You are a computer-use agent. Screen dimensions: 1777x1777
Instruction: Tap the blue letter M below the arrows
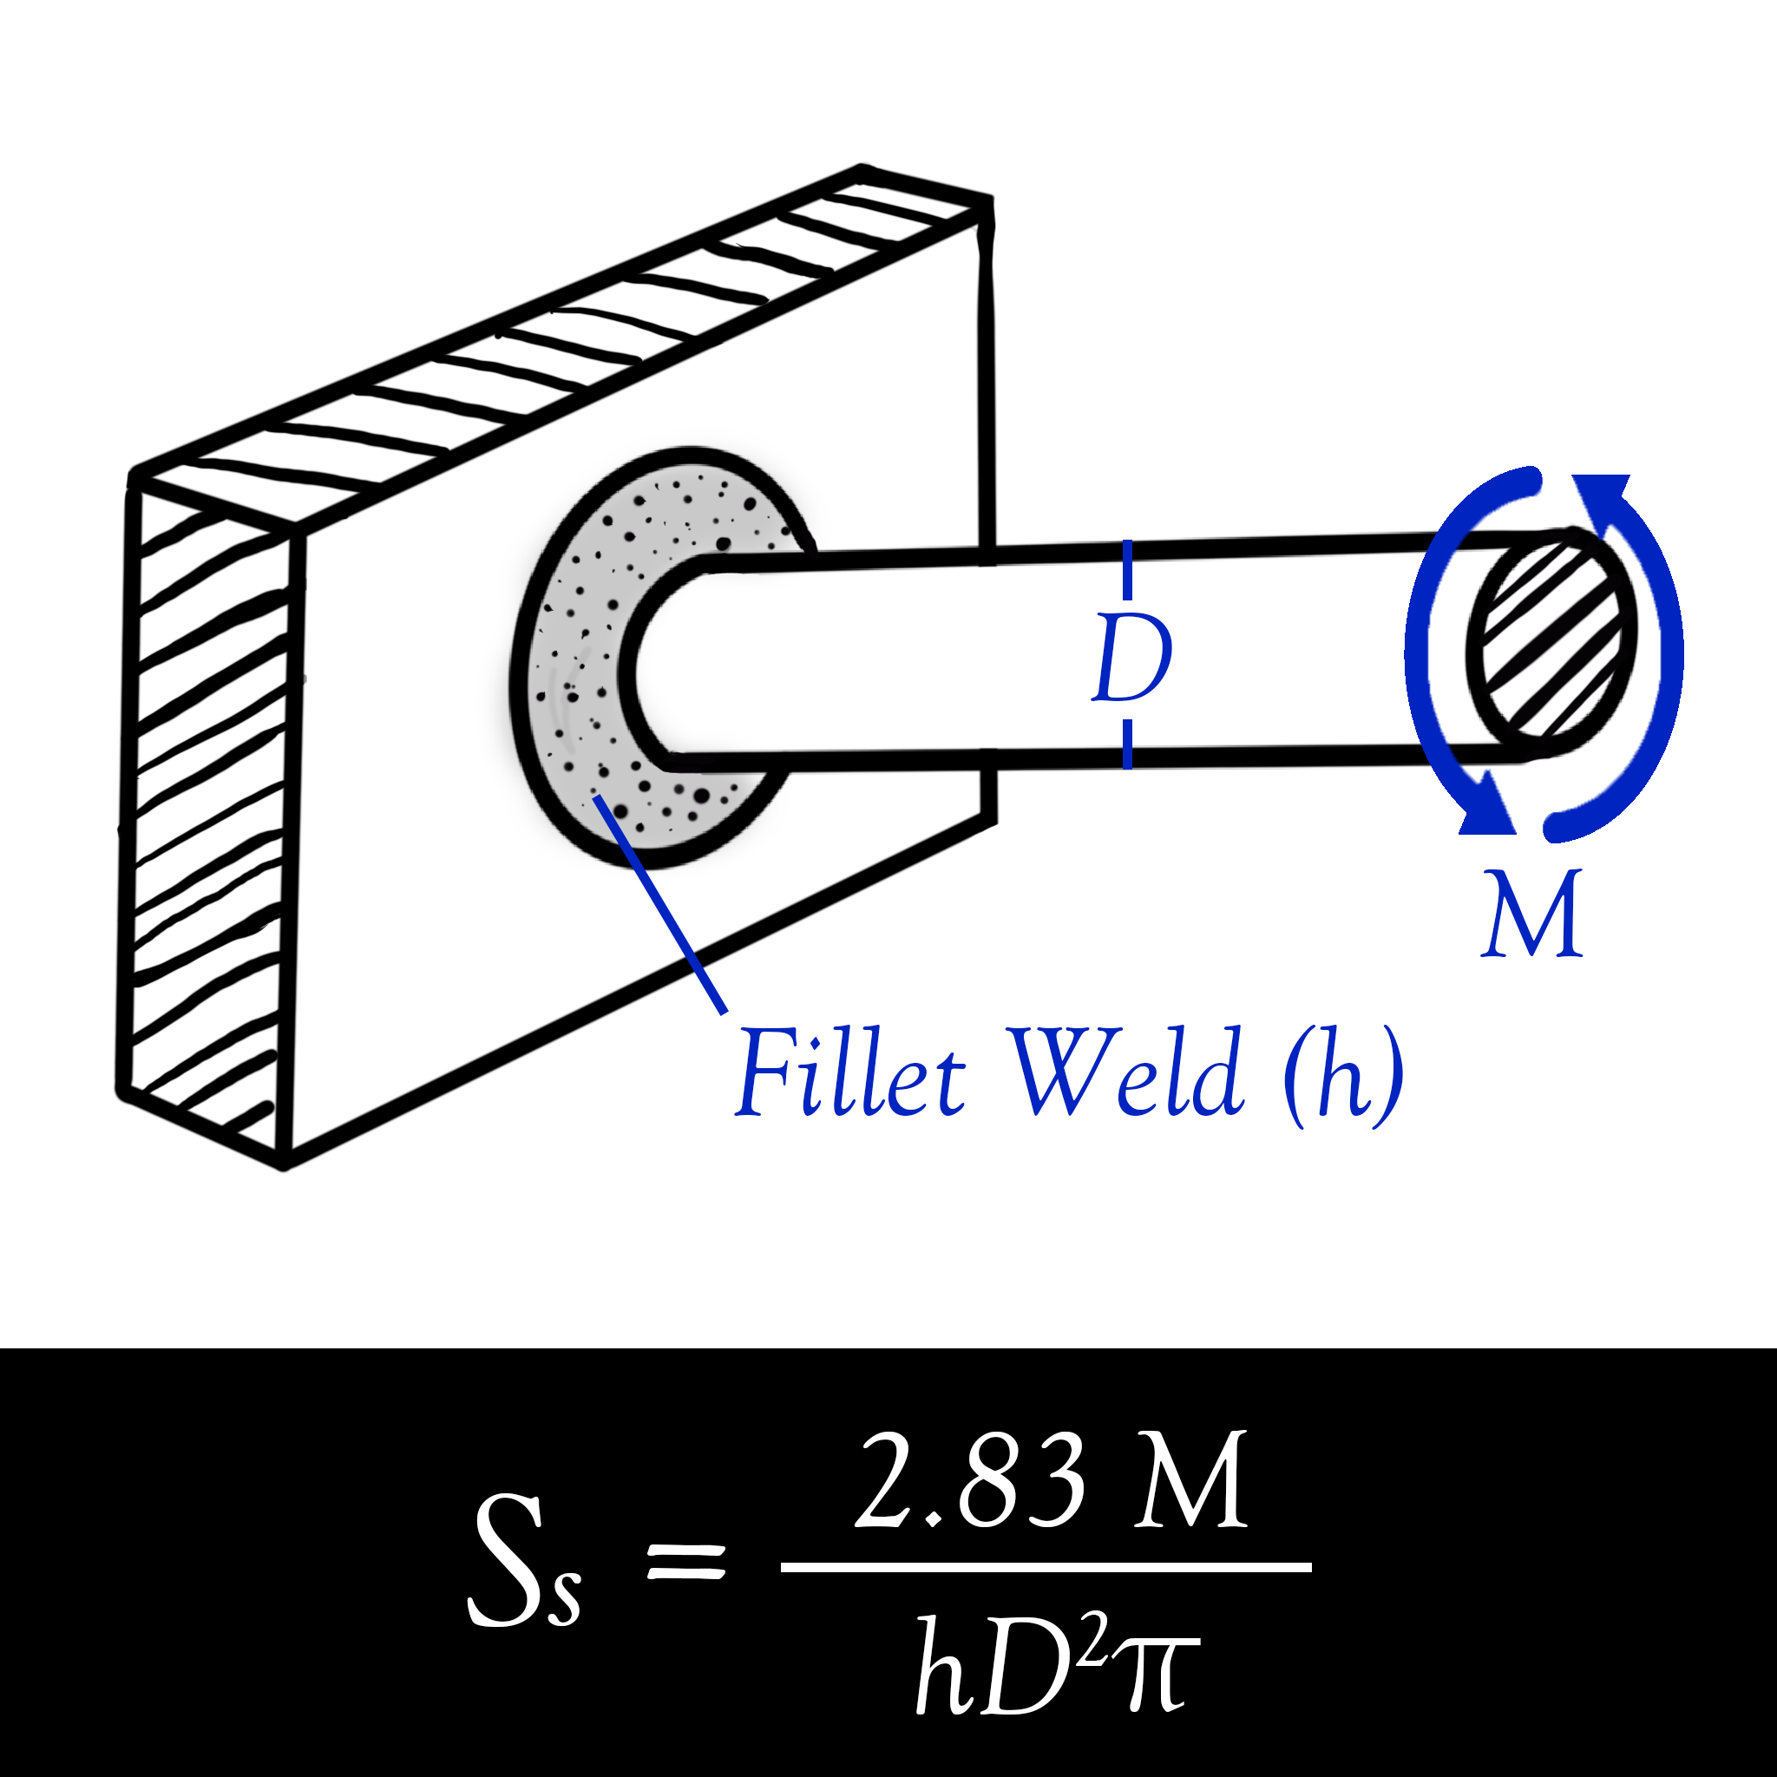pos(1532,915)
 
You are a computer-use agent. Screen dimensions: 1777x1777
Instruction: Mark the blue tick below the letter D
pos(1128,744)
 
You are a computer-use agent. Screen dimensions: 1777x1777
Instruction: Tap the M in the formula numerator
pos(1190,1481)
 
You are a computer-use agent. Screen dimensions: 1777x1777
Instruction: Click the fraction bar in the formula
pos(1045,1567)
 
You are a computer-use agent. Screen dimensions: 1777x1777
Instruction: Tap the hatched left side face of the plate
pos(208,810)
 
